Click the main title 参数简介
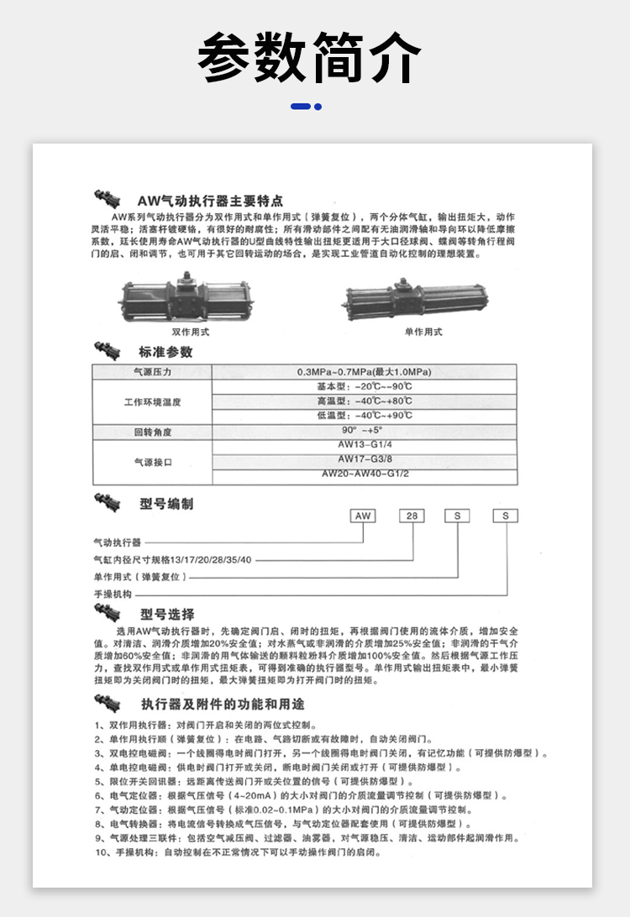click(x=310, y=57)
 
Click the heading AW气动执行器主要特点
click(x=210, y=202)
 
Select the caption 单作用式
click(x=423, y=332)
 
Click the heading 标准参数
click(x=165, y=352)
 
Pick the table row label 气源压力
click(x=152, y=372)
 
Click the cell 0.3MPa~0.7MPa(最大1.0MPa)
click(x=364, y=372)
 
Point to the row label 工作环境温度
click(x=152, y=402)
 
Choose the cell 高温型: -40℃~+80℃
click(x=364, y=401)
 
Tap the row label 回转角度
click(x=152, y=432)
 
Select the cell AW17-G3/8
click(x=365, y=459)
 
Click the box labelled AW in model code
click(x=363, y=516)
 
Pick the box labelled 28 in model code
click(x=411, y=516)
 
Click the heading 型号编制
click(x=166, y=504)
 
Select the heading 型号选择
click(x=167, y=614)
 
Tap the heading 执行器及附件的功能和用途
click(x=222, y=703)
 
